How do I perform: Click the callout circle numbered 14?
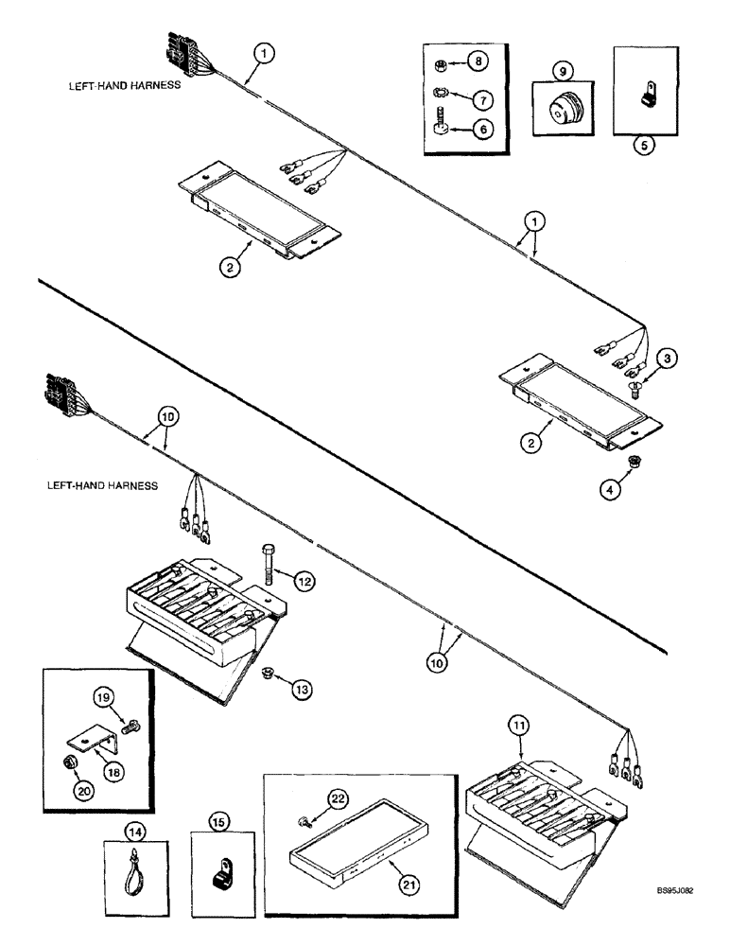(x=130, y=833)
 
